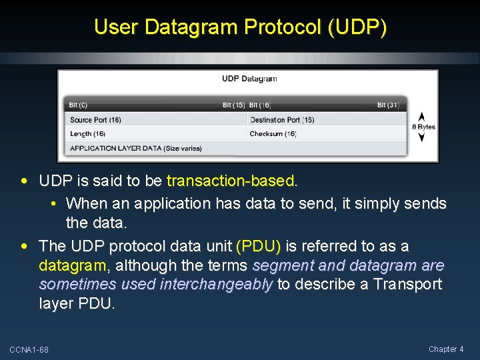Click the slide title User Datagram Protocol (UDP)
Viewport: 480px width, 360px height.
pos(240,27)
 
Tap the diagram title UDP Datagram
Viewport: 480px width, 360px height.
pos(249,79)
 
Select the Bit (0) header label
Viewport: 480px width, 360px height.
pos(79,105)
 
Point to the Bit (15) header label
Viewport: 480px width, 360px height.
pos(233,105)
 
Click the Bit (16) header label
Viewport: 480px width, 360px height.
pos(260,105)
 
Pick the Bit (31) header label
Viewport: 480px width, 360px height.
pos(388,105)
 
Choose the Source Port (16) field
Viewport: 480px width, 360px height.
pos(95,120)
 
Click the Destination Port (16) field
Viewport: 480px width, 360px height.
pos(281,120)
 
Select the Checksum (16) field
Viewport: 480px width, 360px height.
pos(273,134)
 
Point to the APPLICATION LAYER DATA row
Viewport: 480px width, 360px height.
pos(135,148)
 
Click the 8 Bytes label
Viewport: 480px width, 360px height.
pos(423,127)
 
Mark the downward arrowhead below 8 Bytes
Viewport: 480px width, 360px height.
pos(421,137)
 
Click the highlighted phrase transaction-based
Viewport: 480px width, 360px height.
pos(230,181)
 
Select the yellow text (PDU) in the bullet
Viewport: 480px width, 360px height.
pos(259,246)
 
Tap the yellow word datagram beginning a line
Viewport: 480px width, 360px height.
pos(72,265)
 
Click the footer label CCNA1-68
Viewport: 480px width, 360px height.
pos(29,350)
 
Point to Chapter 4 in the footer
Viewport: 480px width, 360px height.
pos(446,349)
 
